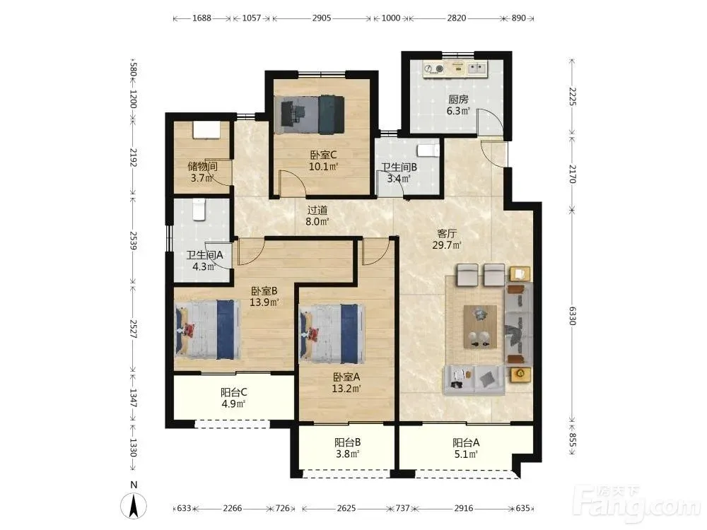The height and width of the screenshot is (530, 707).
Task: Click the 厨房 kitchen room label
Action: (x=458, y=99)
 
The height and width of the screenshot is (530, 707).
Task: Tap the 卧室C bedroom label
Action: (x=323, y=155)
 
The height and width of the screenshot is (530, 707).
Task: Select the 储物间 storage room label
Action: (x=202, y=166)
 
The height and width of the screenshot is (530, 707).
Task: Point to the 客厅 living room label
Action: (x=447, y=233)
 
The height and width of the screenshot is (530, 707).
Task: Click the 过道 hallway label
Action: (x=317, y=210)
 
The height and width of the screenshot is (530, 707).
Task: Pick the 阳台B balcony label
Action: (x=347, y=442)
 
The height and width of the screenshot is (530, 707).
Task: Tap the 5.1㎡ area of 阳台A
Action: (x=466, y=454)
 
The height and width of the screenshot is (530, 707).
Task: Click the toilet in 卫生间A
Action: (x=199, y=210)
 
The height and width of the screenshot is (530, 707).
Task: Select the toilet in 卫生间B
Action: (x=428, y=150)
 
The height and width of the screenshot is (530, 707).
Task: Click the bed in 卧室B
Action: (x=207, y=330)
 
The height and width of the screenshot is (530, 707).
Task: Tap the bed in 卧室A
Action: (x=332, y=334)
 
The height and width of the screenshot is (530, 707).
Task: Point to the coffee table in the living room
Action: (x=480, y=326)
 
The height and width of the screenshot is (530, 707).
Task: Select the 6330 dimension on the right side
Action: (x=572, y=315)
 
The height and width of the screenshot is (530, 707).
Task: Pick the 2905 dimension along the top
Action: (x=322, y=18)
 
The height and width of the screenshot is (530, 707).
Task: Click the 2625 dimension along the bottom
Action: (x=346, y=508)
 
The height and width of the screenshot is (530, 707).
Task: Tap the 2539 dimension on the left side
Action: (x=133, y=241)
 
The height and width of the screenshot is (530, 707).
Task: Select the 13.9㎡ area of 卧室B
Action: (x=264, y=302)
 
